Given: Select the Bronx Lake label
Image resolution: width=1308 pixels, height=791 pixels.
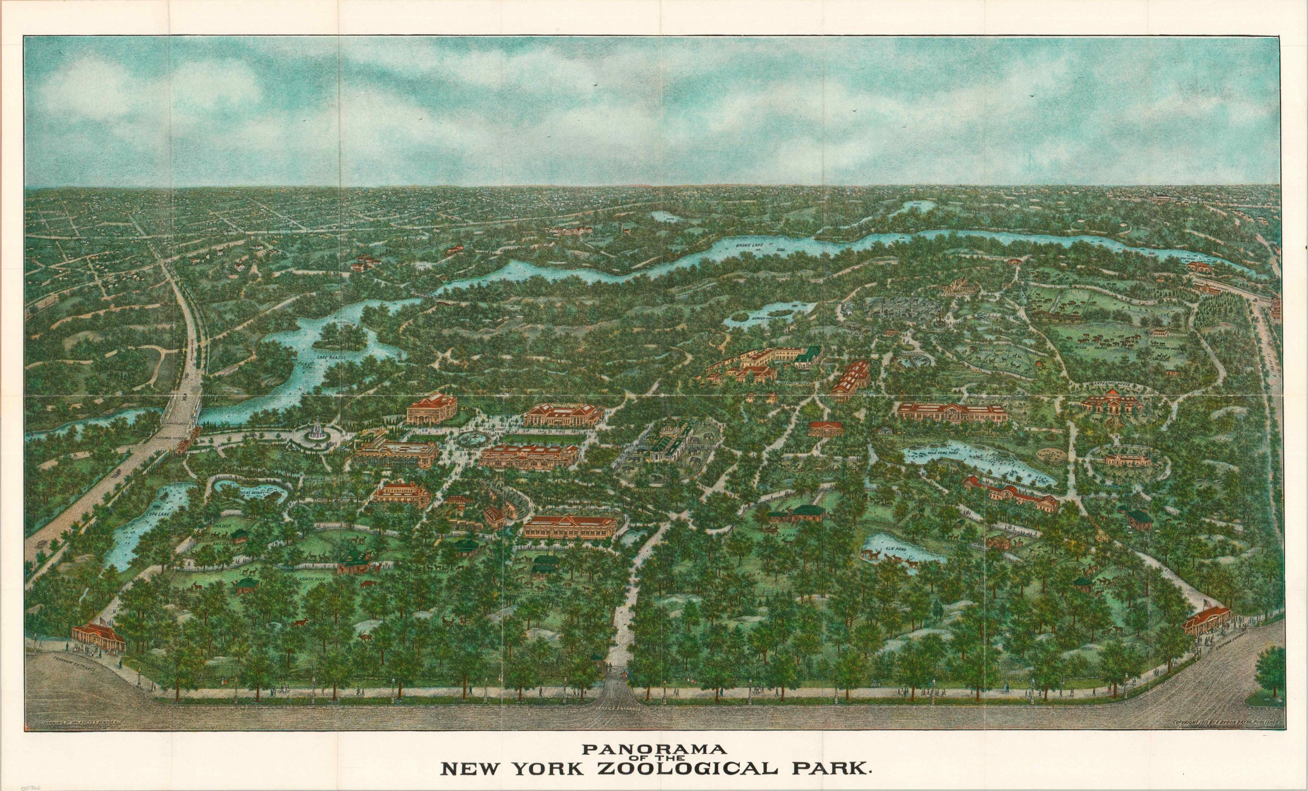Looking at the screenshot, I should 749,245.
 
